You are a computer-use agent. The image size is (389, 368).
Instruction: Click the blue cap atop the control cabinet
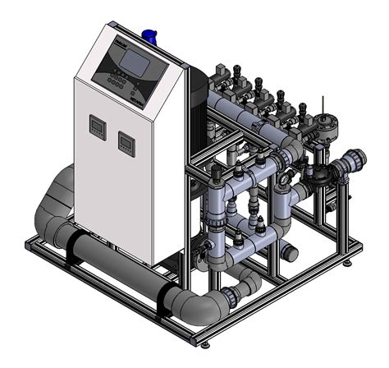click(x=149, y=34)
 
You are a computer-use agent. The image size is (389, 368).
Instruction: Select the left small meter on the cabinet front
click(x=96, y=127)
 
